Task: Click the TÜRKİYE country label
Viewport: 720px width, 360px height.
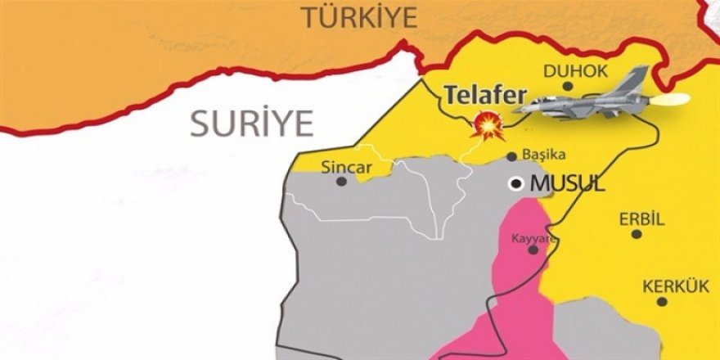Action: click(x=359, y=16)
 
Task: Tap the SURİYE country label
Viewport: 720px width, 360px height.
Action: click(x=252, y=123)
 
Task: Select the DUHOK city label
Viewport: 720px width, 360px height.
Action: click(x=576, y=71)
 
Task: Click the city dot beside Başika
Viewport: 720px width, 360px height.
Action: click(x=511, y=155)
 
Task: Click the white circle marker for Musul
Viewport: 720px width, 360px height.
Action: click(x=516, y=183)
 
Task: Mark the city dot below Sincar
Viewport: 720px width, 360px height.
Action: click(x=341, y=182)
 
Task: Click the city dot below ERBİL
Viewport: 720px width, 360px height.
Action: click(x=636, y=234)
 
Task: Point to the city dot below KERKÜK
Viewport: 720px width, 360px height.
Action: click(x=662, y=302)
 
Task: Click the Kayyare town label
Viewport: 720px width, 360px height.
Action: click(x=533, y=238)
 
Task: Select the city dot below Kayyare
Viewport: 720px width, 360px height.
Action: click(x=533, y=250)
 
